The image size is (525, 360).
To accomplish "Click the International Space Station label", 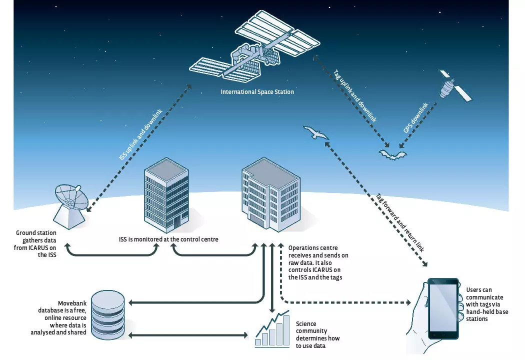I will pyautogui.click(x=257, y=92).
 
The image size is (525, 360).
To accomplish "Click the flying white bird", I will pyautogui.click(x=315, y=133).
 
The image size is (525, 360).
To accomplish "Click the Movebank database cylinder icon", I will pyautogui.click(x=107, y=313).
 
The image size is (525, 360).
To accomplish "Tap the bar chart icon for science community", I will pyautogui.click(x=272, y=330).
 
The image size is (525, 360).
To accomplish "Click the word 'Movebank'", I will pyautogui.click(x=72, y=303).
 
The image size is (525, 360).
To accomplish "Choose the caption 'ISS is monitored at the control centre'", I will pyautogui.click(x=165, y=239).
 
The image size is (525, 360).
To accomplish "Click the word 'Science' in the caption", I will pyautogui.click(x=306, y=324).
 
